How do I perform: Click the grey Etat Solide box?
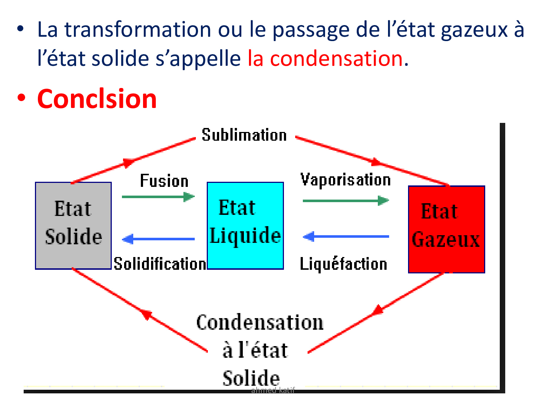[73, 225]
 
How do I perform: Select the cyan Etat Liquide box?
[245, 225]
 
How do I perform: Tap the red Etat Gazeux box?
[446, 229]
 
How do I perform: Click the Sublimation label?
[244, 135]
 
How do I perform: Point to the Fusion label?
[164, 181]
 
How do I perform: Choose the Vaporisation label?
[345, 180]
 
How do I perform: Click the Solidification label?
[160, 264]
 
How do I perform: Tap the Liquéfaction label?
[343, 264]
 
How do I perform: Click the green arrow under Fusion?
[158, 197]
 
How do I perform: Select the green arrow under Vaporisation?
[346, 201]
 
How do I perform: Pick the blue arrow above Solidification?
[158, 239]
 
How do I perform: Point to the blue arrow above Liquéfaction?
[346, 236]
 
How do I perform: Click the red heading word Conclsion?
[97, 99]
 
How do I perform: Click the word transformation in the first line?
[138, 29]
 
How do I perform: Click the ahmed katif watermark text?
[273, 390]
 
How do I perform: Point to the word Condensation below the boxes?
[260, 322]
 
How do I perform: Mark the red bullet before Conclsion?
[21, 97]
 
